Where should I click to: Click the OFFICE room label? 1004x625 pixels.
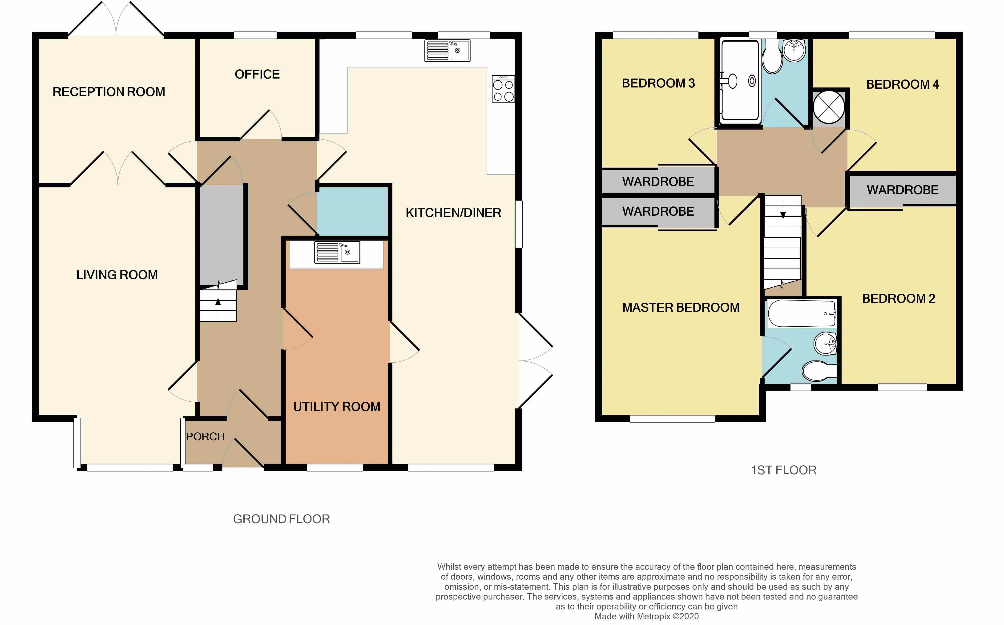point(257,74)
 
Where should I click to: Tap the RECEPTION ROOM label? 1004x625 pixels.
point(109,92)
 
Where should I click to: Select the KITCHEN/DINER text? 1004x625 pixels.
point(453,213)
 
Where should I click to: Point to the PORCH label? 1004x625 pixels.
point(205,436)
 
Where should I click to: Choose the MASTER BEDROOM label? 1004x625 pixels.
point(681,308)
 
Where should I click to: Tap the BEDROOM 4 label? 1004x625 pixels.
point(903,84)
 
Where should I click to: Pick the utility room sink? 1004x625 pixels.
point(337,252)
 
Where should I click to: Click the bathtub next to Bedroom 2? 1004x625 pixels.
point(802,313)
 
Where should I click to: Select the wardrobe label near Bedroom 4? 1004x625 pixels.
point(903,190)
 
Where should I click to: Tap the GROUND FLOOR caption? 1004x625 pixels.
point(281,519)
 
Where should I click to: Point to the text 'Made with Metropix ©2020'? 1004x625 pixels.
point(646,616)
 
